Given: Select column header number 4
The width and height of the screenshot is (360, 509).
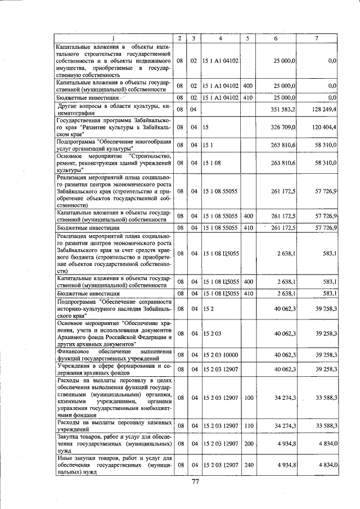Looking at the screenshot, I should click(x=220, y=38).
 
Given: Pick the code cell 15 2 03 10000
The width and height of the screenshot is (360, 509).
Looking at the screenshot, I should click(x=220, y=354).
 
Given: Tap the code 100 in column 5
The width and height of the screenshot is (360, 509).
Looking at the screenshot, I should click(x=248, y=398).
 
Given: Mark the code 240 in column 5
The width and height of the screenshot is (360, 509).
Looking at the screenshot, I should click(x=248, y=465).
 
